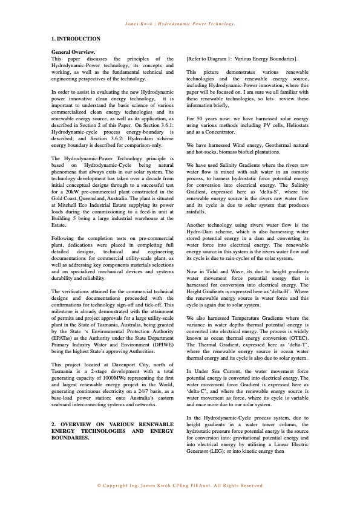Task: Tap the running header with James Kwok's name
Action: click(180, 24)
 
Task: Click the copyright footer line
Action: click(180, 485)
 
